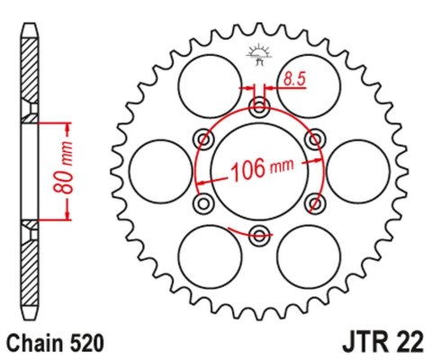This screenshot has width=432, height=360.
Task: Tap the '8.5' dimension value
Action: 293,79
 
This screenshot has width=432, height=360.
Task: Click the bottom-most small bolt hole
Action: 259,236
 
